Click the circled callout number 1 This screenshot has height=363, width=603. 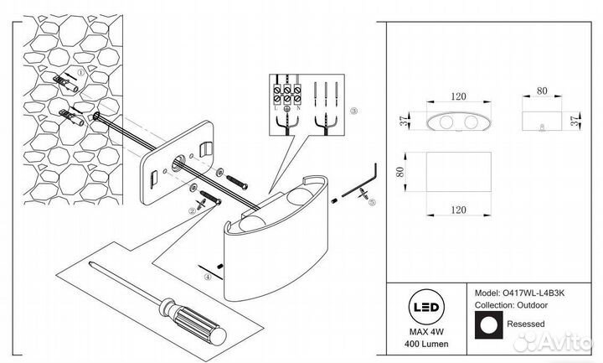80,73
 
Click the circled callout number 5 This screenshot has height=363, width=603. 373,201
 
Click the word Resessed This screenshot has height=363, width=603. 524,324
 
